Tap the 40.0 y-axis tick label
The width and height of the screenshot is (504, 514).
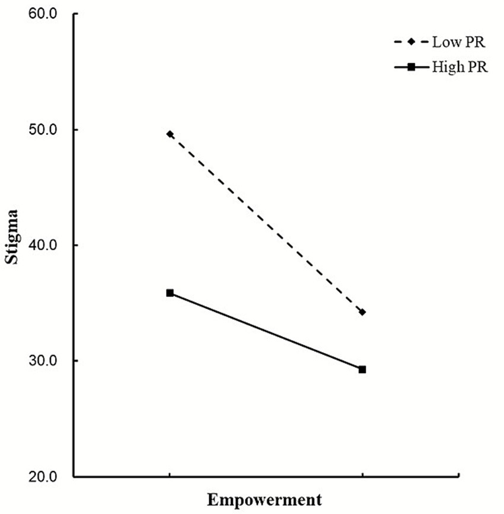43,245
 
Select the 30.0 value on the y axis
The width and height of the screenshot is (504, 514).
43,361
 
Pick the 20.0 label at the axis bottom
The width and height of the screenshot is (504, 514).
43,477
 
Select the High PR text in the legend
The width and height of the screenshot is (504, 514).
457,67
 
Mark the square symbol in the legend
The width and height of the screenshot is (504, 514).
413,67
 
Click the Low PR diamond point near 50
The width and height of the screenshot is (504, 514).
170,134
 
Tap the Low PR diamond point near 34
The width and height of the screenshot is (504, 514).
362,312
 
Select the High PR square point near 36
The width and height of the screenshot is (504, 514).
170,293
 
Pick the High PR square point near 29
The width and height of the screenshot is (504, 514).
362,369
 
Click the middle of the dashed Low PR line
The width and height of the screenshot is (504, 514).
266,223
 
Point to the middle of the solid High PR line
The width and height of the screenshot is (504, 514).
266,331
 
